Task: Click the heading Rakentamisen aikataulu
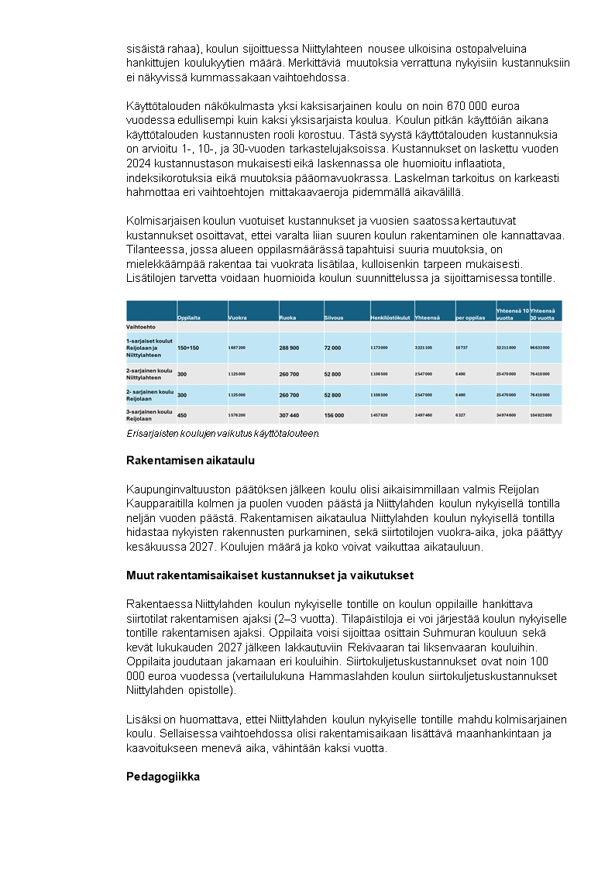point(190,460)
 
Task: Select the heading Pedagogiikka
point(163,775)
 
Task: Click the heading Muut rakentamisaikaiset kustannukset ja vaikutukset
point(270,575)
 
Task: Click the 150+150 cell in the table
point(188,349)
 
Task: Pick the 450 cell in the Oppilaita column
point(182,415)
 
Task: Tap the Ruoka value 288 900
point(289,349)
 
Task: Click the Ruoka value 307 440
point(289,415)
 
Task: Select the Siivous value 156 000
point(334,415)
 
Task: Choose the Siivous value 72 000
point(332,349)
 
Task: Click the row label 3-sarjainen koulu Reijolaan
point(149,414)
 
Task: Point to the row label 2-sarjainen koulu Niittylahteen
point(149,373)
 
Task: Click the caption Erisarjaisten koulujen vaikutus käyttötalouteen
point(223,434)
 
